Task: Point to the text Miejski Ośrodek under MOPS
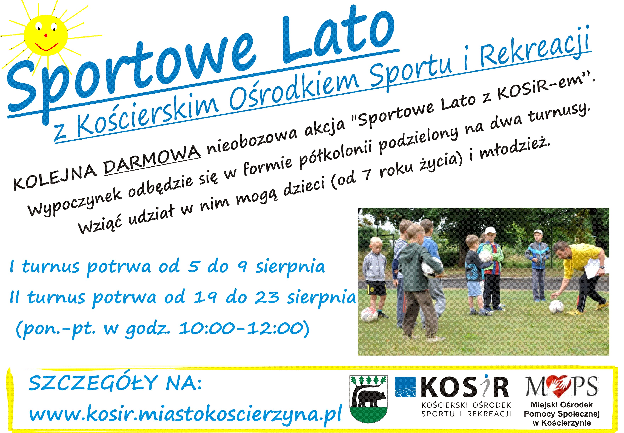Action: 562,405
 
